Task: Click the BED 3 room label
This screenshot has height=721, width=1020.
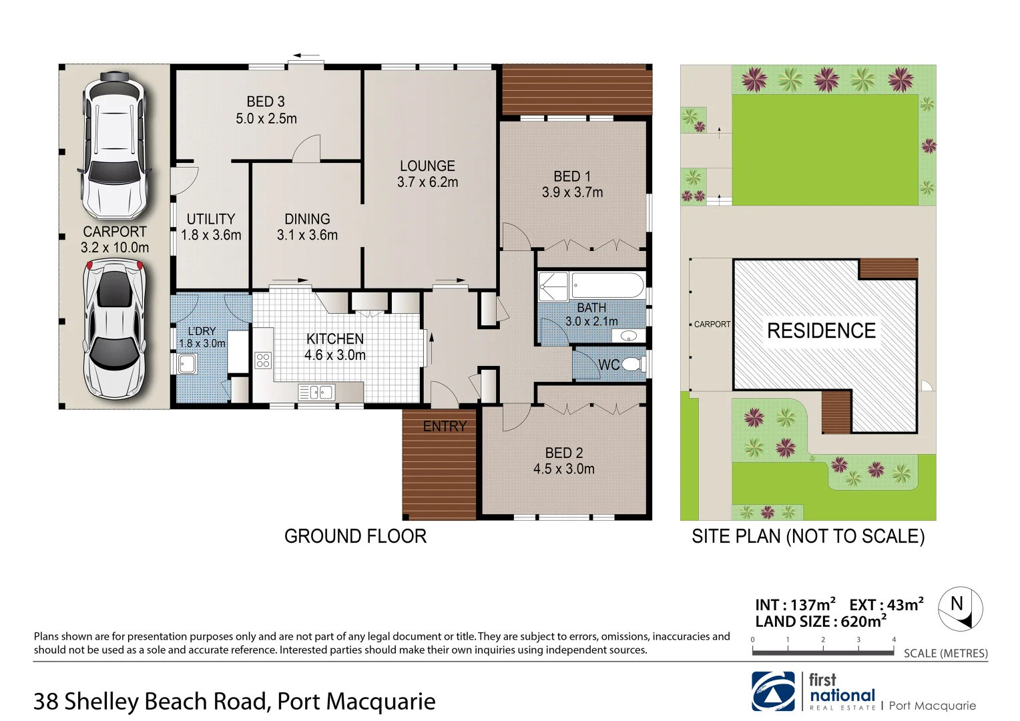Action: point(266,101)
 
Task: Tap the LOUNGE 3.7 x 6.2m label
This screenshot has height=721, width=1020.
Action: point(427,174)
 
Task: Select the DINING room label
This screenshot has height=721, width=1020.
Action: point(307,219)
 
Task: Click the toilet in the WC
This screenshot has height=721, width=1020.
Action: point(633,365)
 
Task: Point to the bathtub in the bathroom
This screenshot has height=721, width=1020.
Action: point(607,286)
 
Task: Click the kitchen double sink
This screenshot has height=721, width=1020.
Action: point(316,392)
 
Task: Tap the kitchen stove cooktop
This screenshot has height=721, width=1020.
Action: point(263,360)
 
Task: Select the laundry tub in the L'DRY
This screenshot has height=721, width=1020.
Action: point(186,364)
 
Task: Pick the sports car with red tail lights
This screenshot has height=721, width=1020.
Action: point(114,328)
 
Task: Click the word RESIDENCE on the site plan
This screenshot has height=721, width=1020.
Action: point(821,330)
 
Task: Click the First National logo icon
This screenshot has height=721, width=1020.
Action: point(773,692)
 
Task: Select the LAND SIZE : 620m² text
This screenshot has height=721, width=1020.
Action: point(820,622)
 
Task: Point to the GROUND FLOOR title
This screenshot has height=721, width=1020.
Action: point(355,536)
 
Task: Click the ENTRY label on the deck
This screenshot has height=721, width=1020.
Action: point(445,426)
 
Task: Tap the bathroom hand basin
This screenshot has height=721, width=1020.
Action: point(628,336)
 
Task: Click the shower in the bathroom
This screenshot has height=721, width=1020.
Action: point(553,286)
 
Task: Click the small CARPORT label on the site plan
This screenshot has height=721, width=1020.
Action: point(712,324)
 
